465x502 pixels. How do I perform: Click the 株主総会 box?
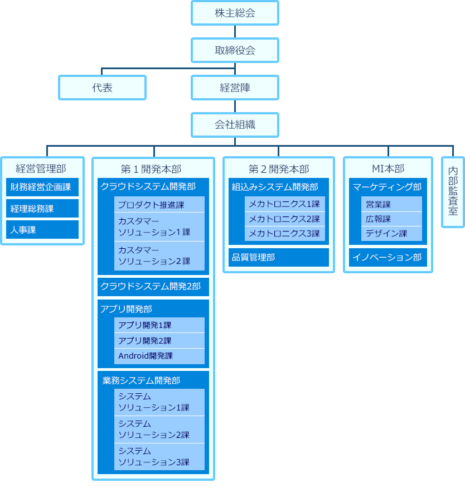235,13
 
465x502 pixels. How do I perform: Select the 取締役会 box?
235,50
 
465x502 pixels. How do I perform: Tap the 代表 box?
102,88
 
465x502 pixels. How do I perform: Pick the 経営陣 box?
235,88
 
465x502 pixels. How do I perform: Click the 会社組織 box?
235,125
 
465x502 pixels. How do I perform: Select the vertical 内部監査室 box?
453,192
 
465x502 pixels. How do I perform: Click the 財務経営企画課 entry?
42,187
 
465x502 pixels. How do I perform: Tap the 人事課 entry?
42,230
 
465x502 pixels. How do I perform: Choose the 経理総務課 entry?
42,209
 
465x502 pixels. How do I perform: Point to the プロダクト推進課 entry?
159,205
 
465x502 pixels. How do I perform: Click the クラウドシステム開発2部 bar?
153,287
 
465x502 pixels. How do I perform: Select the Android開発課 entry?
159,356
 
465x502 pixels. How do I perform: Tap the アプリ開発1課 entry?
159,325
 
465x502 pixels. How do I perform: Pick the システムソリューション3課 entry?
159,456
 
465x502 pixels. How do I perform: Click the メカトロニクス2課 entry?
285,219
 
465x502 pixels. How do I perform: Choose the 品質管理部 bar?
279,257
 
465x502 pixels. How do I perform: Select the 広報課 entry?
392,219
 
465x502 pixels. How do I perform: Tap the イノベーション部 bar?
388,257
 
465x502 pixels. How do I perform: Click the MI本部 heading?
388,168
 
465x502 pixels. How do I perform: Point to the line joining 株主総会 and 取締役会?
235,32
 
